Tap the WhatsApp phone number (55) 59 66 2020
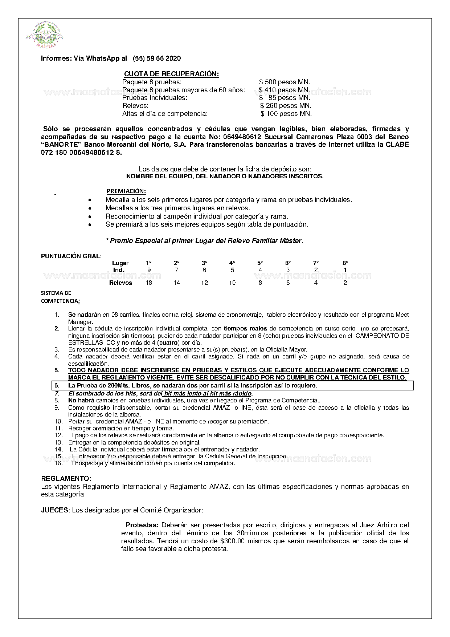(157, 58)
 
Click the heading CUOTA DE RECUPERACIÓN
(171, 74)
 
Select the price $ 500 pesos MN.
(285, 82)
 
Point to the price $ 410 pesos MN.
(284, 90)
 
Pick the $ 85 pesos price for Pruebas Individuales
(285, 98)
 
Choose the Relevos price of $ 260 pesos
(286, 106)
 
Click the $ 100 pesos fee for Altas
(286, 114)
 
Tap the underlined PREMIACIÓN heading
(126, 191)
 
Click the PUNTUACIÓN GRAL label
(71, 256)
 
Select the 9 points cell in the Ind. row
(149, 270)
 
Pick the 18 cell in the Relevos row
(149, 283)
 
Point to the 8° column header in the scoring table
(345, 263)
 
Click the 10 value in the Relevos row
(232, 283)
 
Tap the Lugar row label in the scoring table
(120, 263)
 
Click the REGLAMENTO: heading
(66, 478)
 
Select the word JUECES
(54, 510)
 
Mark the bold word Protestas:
(142, 525)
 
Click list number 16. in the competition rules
(58, 463)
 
